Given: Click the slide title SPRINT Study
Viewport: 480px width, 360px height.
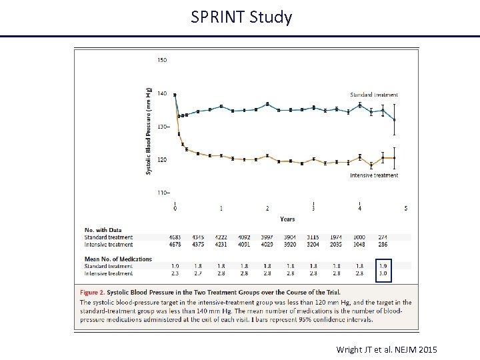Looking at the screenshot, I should (241, 17).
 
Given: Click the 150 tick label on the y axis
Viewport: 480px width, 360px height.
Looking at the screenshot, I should (162, 60).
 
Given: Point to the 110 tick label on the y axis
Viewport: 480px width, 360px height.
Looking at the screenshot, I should (162, 193).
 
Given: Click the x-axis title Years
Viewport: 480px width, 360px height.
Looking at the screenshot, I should (287, 219).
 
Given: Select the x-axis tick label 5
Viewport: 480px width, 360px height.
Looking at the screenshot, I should (406, 209).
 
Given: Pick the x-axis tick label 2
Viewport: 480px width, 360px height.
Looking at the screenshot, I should (267, 209).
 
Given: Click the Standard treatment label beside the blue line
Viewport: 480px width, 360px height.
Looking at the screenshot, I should (374, 95).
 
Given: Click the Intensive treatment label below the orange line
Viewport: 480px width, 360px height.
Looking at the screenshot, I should (374, 175).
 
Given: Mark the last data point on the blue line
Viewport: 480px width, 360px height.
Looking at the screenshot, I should (395, 119).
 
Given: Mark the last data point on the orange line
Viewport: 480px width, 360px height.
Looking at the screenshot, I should (395, 158).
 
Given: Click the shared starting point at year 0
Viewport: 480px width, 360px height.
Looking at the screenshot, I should (175, 95).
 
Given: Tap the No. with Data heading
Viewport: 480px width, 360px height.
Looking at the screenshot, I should (103, 231).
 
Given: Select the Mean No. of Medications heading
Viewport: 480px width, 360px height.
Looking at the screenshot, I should (118, 259).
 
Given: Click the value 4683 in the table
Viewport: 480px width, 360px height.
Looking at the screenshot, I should (175, 237).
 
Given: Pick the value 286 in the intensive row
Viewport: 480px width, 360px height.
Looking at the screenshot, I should (383, 244).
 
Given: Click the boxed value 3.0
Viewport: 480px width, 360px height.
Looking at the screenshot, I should (383, 273).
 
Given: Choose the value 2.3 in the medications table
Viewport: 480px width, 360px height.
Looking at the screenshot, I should (175, 273).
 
